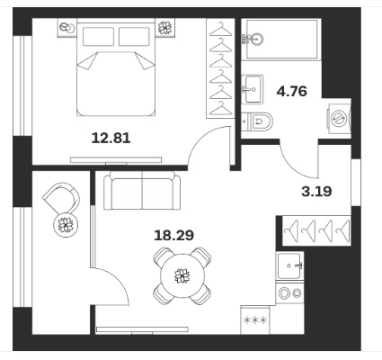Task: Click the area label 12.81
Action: tap(111, 139)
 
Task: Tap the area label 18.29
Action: tap(173, 236)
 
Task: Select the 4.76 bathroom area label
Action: tap(292, 91)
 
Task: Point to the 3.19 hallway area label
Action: tap(316, 191)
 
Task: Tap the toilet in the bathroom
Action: tap(258, 121)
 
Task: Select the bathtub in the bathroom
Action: tap(281, 39)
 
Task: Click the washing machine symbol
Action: tap(339, 118)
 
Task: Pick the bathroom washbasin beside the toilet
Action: tap(253, 89)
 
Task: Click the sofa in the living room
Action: tap(142, 190)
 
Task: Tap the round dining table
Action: tap(182, 276)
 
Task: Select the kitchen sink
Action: tap(289, 265)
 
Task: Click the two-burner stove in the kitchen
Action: tap(289, 292)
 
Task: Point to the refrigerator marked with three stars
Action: tap(255, 320)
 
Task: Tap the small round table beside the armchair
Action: tap(66, 225)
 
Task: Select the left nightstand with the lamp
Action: tap(67, 28)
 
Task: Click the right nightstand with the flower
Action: tap(165, 28)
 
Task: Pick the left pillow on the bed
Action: tap(98, 37)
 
